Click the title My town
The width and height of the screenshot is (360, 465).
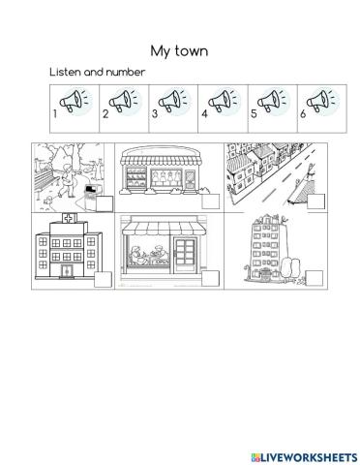pyautogui.click(x=180, y=49)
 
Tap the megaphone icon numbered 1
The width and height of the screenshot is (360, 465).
pyautogui.click(x=74, y=100)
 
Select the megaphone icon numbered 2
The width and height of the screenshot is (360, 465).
pyautogui.click(x=123, y=100)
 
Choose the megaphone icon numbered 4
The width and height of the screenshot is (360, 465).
pyautogui.click(x=222, y=100)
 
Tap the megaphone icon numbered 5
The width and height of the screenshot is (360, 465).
pyautogui.click(x=272, y=100)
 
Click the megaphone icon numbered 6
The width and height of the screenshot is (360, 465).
pyautogui.click(x=320, y=100)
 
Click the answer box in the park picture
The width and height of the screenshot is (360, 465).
pyautogui.click(x=104, y=204)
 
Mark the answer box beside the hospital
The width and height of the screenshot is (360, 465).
pyautogui.click(x=103, y=280)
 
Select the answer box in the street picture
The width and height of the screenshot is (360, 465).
pyautogui.click(x=314, y=203)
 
